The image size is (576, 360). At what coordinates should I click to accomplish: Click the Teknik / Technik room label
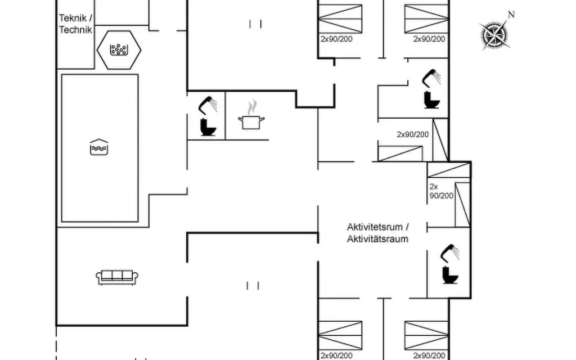(75, 24)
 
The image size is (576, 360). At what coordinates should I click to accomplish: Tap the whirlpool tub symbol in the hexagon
(119, 49)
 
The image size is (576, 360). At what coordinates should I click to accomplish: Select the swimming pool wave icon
(99, 147)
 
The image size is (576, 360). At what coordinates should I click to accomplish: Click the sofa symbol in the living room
(117, 277)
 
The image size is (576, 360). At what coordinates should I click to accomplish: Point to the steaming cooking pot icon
(251, 115)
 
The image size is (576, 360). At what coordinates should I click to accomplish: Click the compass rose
(495, 35)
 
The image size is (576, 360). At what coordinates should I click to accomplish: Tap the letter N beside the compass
(511, 15)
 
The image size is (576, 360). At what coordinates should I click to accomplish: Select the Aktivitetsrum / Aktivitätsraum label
(377, 233)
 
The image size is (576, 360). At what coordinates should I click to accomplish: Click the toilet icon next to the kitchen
(208, 127)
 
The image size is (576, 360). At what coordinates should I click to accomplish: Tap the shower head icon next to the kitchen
(208, 105)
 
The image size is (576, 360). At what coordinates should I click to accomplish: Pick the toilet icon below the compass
(431, 100)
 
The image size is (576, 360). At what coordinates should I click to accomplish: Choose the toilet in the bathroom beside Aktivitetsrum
(451, 274)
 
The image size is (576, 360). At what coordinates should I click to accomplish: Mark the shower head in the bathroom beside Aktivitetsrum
(449, 253)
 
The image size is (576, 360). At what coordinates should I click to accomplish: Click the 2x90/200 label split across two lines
(441, 191)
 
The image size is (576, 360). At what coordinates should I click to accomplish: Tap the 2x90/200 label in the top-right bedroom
(429, 39)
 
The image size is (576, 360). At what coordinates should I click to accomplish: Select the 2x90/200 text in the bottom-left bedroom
(336, 355)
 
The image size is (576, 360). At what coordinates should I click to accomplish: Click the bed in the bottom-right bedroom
(426, 335)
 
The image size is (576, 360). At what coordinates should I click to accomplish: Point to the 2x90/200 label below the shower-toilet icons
(412, 134)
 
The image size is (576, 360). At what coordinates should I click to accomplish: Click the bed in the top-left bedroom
(340, 19)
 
